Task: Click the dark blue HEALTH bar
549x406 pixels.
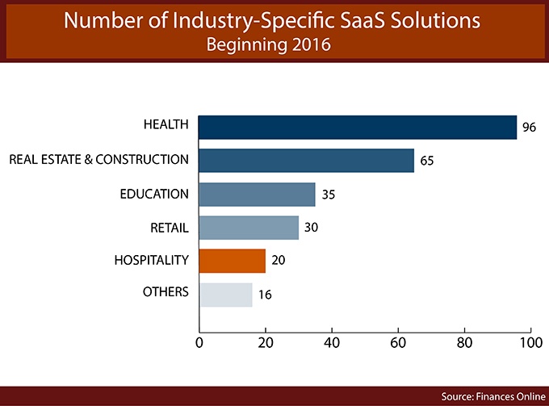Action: [x=357, y=127]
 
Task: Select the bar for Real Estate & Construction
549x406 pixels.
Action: [x=306, y=160]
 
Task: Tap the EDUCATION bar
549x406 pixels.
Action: [x=257, y=194]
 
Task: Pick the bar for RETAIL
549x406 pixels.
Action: [x=249, y=227]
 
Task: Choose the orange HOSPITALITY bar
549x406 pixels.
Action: [x=232, y=260]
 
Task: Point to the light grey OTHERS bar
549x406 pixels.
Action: [x=225, y=294]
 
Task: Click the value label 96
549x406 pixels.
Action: [x=529, y=128]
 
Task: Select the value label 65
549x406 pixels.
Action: [x=427, y=161]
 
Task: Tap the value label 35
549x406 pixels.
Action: [x=328, y=195]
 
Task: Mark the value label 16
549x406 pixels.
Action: [x=265, y=295]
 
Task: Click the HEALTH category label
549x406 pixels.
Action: [x=166, y=124]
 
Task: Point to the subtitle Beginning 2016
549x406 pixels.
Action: [x=274, y=44]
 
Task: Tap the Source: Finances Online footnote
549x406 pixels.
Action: [x=492, y=396]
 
